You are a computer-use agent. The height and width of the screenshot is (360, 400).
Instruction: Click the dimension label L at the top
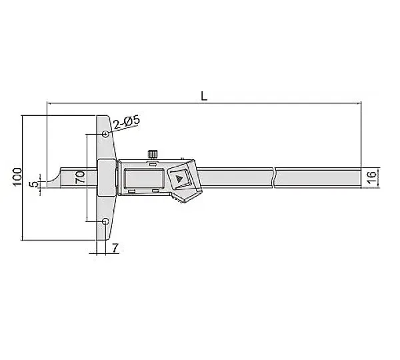tap(204, 96)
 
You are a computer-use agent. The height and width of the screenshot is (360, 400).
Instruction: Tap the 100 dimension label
tap(17, 177)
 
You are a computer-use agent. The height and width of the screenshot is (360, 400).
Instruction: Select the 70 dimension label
tap(80, 177)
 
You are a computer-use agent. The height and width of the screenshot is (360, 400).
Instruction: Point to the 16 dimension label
tap(372, 177)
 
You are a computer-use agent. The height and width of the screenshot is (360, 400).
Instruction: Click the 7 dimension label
tap(115, 248)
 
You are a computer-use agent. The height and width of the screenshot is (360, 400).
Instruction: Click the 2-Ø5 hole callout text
tap(127, 122)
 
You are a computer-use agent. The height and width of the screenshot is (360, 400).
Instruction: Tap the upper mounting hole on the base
tap(105, 134)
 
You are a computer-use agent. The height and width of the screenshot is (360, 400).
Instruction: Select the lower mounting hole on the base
tap(105, 221)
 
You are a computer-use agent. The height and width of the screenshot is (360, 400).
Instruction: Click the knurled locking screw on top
tap(153, 155)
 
